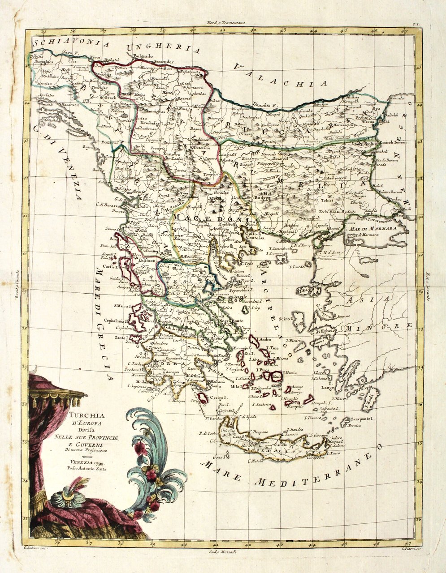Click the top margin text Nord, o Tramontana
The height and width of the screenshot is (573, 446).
tap(223, 22)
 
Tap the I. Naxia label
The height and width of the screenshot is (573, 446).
tap(283, 372)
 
